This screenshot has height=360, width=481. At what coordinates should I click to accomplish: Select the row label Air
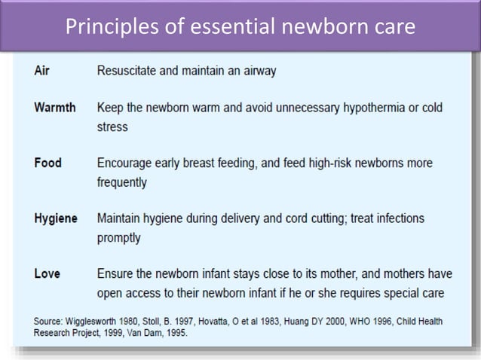pos(42,71)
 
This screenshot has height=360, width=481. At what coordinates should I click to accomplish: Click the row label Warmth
pos(55,107)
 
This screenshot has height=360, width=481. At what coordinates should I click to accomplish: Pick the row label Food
pos(47,163)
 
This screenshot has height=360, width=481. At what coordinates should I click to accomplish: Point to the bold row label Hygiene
pos(56,218)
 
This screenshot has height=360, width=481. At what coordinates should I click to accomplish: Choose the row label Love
pos(47,273)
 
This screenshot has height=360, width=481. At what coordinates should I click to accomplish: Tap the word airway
pos(258,71)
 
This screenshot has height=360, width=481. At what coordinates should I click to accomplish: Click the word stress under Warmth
pos(112,127)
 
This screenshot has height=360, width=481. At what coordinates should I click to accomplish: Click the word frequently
pos(122,182)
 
